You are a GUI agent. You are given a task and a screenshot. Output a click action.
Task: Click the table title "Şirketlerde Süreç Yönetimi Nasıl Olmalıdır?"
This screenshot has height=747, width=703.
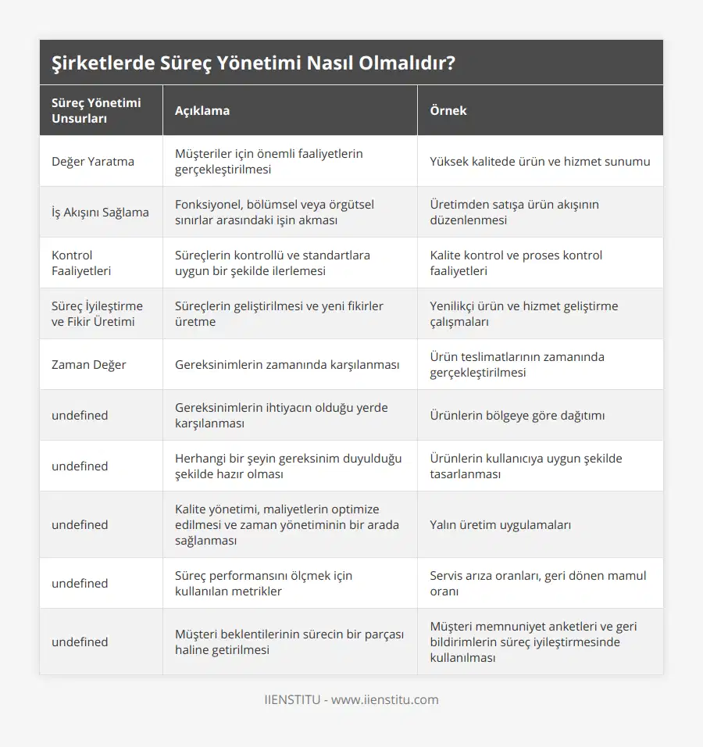254,63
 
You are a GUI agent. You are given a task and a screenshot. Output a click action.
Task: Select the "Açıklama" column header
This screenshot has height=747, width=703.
202,110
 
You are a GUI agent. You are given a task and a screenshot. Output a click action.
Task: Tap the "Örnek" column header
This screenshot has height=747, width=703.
448,110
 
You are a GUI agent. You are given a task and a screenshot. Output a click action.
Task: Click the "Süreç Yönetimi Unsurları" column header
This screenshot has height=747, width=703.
96,110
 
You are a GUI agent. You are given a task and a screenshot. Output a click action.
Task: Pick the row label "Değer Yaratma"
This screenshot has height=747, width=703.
93,162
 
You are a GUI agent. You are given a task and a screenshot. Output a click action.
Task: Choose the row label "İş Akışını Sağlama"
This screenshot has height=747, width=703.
100,212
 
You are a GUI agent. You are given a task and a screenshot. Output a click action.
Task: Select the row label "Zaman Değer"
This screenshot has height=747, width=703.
89,364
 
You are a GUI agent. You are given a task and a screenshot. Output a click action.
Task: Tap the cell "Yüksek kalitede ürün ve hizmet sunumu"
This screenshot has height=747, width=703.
540,162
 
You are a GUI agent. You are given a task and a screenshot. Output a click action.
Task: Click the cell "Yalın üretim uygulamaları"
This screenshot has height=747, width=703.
500,524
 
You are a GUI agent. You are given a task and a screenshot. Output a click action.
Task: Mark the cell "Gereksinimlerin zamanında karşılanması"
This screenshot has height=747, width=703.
287,364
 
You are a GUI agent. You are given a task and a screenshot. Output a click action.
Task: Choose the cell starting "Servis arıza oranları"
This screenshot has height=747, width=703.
538,583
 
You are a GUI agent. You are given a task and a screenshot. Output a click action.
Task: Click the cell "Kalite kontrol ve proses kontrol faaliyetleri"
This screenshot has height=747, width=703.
516,263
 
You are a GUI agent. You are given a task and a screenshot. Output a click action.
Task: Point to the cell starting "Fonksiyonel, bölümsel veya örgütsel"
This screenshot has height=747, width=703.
274,212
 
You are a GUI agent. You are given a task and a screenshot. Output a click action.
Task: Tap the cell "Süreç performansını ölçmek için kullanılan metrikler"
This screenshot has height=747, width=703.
263,583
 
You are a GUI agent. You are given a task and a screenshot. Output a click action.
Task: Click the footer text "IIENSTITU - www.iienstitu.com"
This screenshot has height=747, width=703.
351,700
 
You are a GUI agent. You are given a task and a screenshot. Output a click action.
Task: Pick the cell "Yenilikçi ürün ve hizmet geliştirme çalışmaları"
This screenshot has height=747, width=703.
523,313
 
